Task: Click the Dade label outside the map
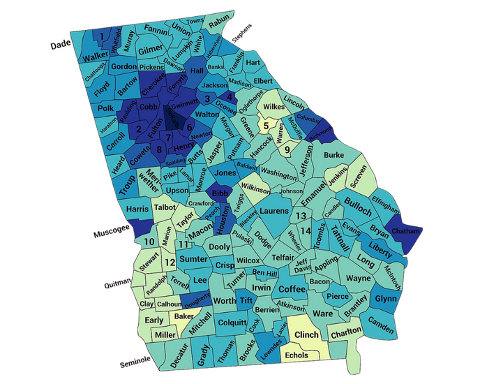coord(63,45)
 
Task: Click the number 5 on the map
coord(266,126)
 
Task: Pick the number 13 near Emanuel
coord(301,216)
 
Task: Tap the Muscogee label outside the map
coord(112,235)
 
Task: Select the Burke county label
coord(334,154)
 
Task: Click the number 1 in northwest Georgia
coord(103,36)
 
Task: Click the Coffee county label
coord(292,289)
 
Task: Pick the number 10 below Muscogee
coord(149,242)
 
